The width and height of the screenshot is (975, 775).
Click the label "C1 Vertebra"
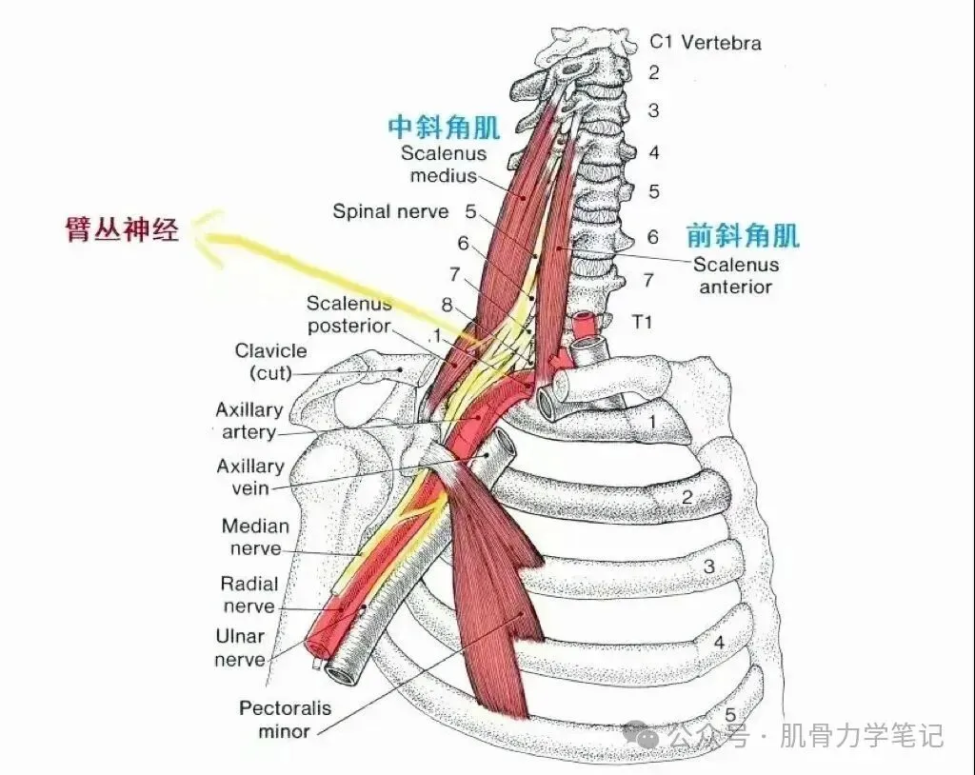coord(706,43)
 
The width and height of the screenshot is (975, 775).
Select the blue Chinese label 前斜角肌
coord(743,235)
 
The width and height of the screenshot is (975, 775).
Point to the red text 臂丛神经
coord(122,229)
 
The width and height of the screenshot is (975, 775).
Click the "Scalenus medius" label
coord(443,164)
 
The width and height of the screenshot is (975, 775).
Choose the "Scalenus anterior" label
coord(735,275)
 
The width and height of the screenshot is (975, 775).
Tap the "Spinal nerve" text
coord(389,211)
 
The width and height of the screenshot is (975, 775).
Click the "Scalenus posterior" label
coord(348,314)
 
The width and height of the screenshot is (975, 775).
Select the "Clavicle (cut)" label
coord(270,362)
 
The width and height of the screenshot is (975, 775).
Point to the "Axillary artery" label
coord(249,421)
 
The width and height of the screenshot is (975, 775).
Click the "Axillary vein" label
coord(249,477)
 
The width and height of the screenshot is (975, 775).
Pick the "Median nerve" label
coord(255,537)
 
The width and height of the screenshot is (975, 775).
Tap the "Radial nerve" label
coord(249,595)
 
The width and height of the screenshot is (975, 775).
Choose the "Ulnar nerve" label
coord(240,647)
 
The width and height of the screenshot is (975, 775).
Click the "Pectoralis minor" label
coord(285,720)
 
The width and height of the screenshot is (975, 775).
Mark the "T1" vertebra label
coord(643,323)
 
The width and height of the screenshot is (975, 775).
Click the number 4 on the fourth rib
coord(719,642)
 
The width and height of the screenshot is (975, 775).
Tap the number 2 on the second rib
coord(686,496)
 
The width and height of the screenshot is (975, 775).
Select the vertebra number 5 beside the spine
coord(653,191)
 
